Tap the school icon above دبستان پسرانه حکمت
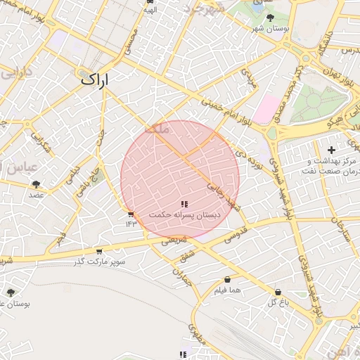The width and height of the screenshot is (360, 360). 185,203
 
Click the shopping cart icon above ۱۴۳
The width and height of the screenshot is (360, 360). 131,214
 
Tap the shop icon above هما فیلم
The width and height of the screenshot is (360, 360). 227,280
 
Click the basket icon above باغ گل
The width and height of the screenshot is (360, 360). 278,292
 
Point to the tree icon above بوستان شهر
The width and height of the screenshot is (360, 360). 271,17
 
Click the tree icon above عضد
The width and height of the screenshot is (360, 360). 36,184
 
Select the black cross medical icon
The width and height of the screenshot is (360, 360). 331,150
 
